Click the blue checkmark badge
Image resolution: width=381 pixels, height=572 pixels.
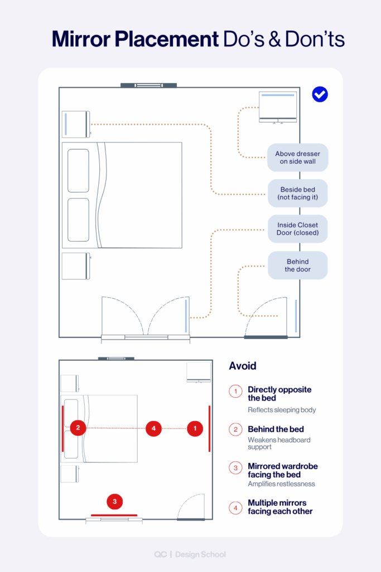[x=320, y=94]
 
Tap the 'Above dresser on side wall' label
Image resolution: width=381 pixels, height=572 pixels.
[x=297, y=158]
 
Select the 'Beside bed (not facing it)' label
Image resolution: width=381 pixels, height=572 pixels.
[x=297, y=194]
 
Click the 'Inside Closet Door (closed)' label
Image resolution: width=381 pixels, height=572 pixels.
[x=297, y=229]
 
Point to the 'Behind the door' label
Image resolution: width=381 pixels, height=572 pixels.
[x=297, y=265]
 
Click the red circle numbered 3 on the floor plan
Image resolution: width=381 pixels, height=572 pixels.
[x=114, y=502]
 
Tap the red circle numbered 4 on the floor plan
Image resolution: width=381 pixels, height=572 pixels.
[x=153, y=428]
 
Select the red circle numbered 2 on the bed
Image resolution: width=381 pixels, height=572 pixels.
[x=78, y=428]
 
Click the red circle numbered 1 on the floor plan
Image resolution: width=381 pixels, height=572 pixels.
[x=195, y=428]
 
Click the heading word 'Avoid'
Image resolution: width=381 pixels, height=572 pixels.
[x=243, y=366]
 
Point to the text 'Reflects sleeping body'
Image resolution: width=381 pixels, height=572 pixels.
[x=282, y=410]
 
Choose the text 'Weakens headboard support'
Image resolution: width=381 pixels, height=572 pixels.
[x=279, y=444]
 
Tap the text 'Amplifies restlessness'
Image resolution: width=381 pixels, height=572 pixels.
[x=281, y=484]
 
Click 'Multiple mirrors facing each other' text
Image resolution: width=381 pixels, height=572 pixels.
[x=280, y=507]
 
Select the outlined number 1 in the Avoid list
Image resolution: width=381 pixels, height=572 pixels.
[x=235, y=392]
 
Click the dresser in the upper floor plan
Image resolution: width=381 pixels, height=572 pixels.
[x=277, y=107]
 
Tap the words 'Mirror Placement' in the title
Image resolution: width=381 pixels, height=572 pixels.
[x=135, y=40]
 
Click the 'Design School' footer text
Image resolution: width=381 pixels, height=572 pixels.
[x=200, y=555]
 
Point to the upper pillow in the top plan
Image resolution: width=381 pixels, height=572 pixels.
[x=79, y=170]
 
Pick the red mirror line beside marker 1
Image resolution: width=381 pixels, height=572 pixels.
[x=209, y=428]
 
